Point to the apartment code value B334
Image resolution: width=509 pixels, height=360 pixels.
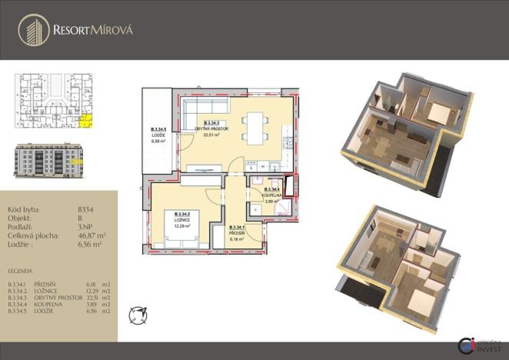pos(87,209)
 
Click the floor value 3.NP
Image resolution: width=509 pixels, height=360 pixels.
pos(86,227)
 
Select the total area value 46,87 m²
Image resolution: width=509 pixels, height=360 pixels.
pos(91,236)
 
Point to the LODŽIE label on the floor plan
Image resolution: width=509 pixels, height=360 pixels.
pos(158,135)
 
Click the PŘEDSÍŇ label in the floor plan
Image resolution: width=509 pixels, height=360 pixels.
pos(238,233)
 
